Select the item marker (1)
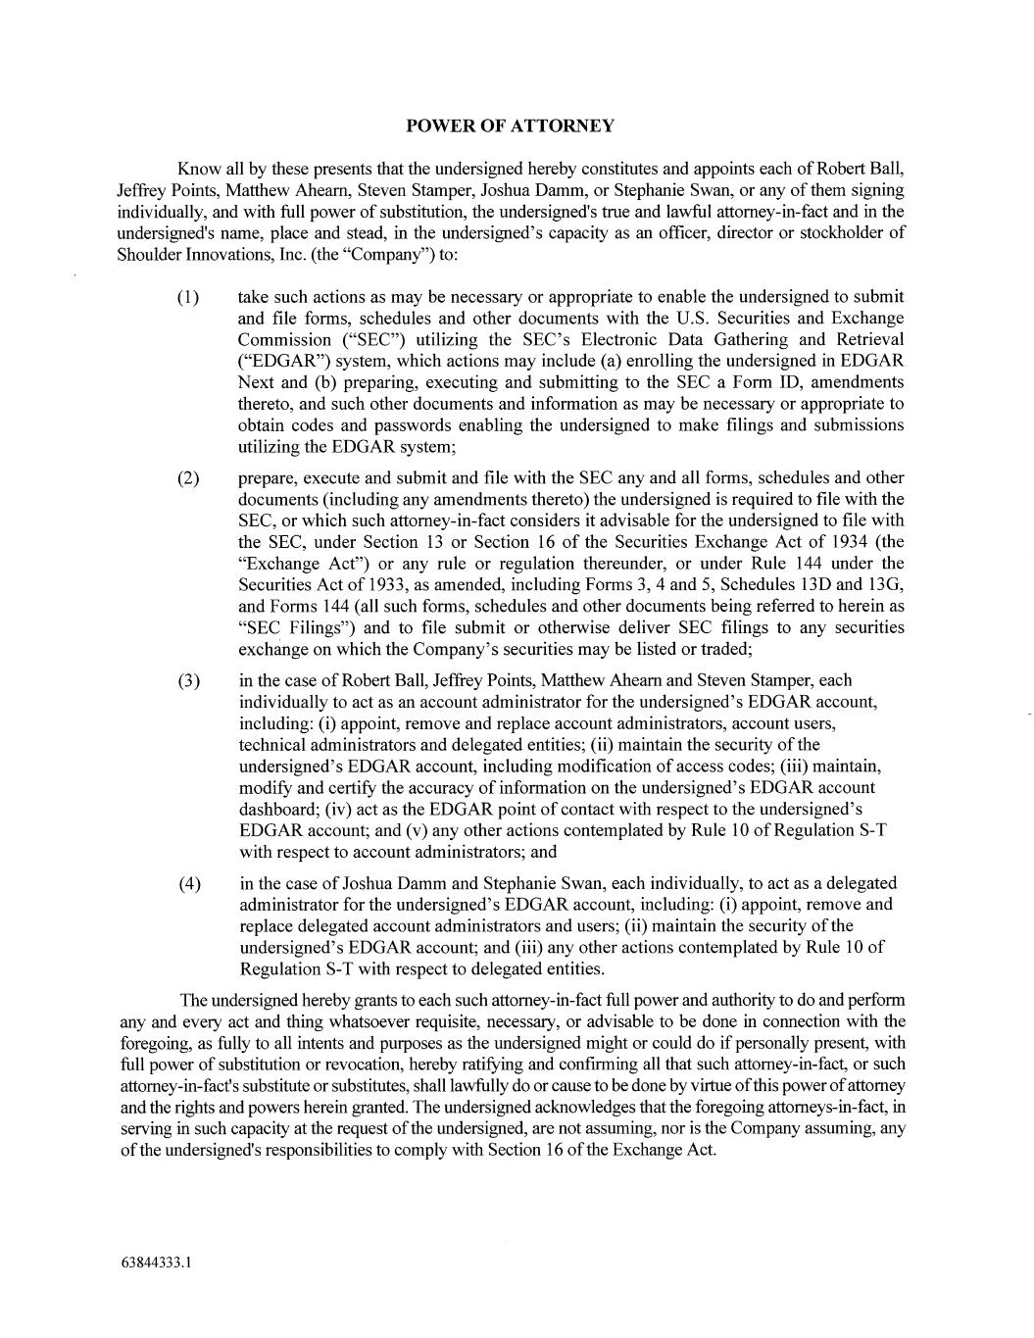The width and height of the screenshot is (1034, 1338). (189, 297)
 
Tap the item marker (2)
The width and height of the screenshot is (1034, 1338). (189, 478)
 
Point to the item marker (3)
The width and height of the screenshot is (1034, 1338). (189, 680)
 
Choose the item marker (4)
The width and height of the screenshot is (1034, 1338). (189, 883)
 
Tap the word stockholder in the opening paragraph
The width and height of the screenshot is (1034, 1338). (844, 233)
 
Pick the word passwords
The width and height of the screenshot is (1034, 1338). (376, 425)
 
